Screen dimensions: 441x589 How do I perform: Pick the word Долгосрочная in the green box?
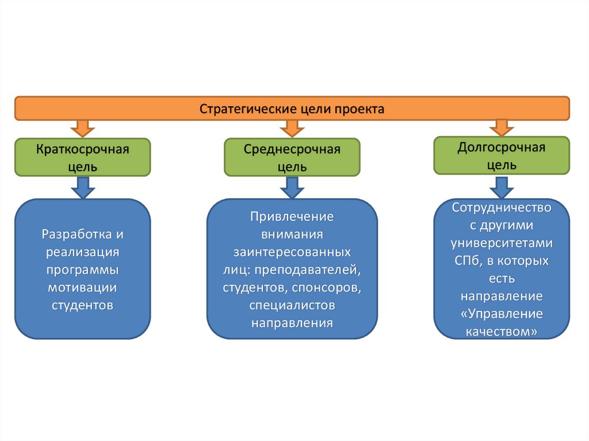pyautogui.click(x=502, y=147)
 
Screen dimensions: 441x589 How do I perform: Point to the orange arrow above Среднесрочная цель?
pyautogui.click(x=292, y=128)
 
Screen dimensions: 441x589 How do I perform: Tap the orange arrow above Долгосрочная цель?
pyautogui.click(x=502, y=127)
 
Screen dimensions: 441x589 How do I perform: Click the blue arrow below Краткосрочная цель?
pyautogui.click(x=83, y=187)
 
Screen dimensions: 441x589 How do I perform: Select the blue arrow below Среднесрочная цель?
pyautogui.click(x=292, y=187)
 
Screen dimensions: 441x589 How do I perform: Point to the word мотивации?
pyautogui.click(x=83, y=287)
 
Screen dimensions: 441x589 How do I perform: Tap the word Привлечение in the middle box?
pyautogui.click(x=292, y=217)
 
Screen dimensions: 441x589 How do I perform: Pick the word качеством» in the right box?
pyautogui.click(x=502, y=332)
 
